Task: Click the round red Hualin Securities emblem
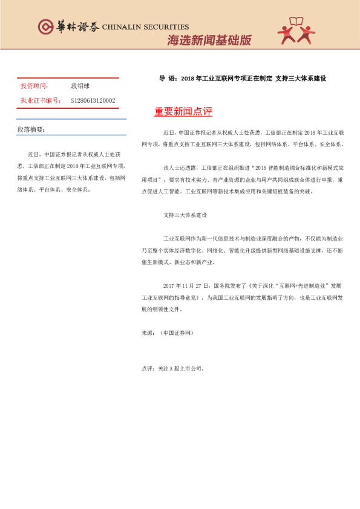[46, 27]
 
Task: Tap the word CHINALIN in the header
[124, 27]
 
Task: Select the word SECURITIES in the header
[167, 27]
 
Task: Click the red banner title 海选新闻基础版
[209, 41]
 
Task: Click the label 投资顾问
[34, 86]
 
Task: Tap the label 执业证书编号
[41, 100]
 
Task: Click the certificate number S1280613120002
[93, 100]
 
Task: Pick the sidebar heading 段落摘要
[31, 130]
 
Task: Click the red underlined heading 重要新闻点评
[183, 112]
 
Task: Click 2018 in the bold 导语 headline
[189, 79]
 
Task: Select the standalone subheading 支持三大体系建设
[186, 215]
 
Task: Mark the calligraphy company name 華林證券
[78, 27]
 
